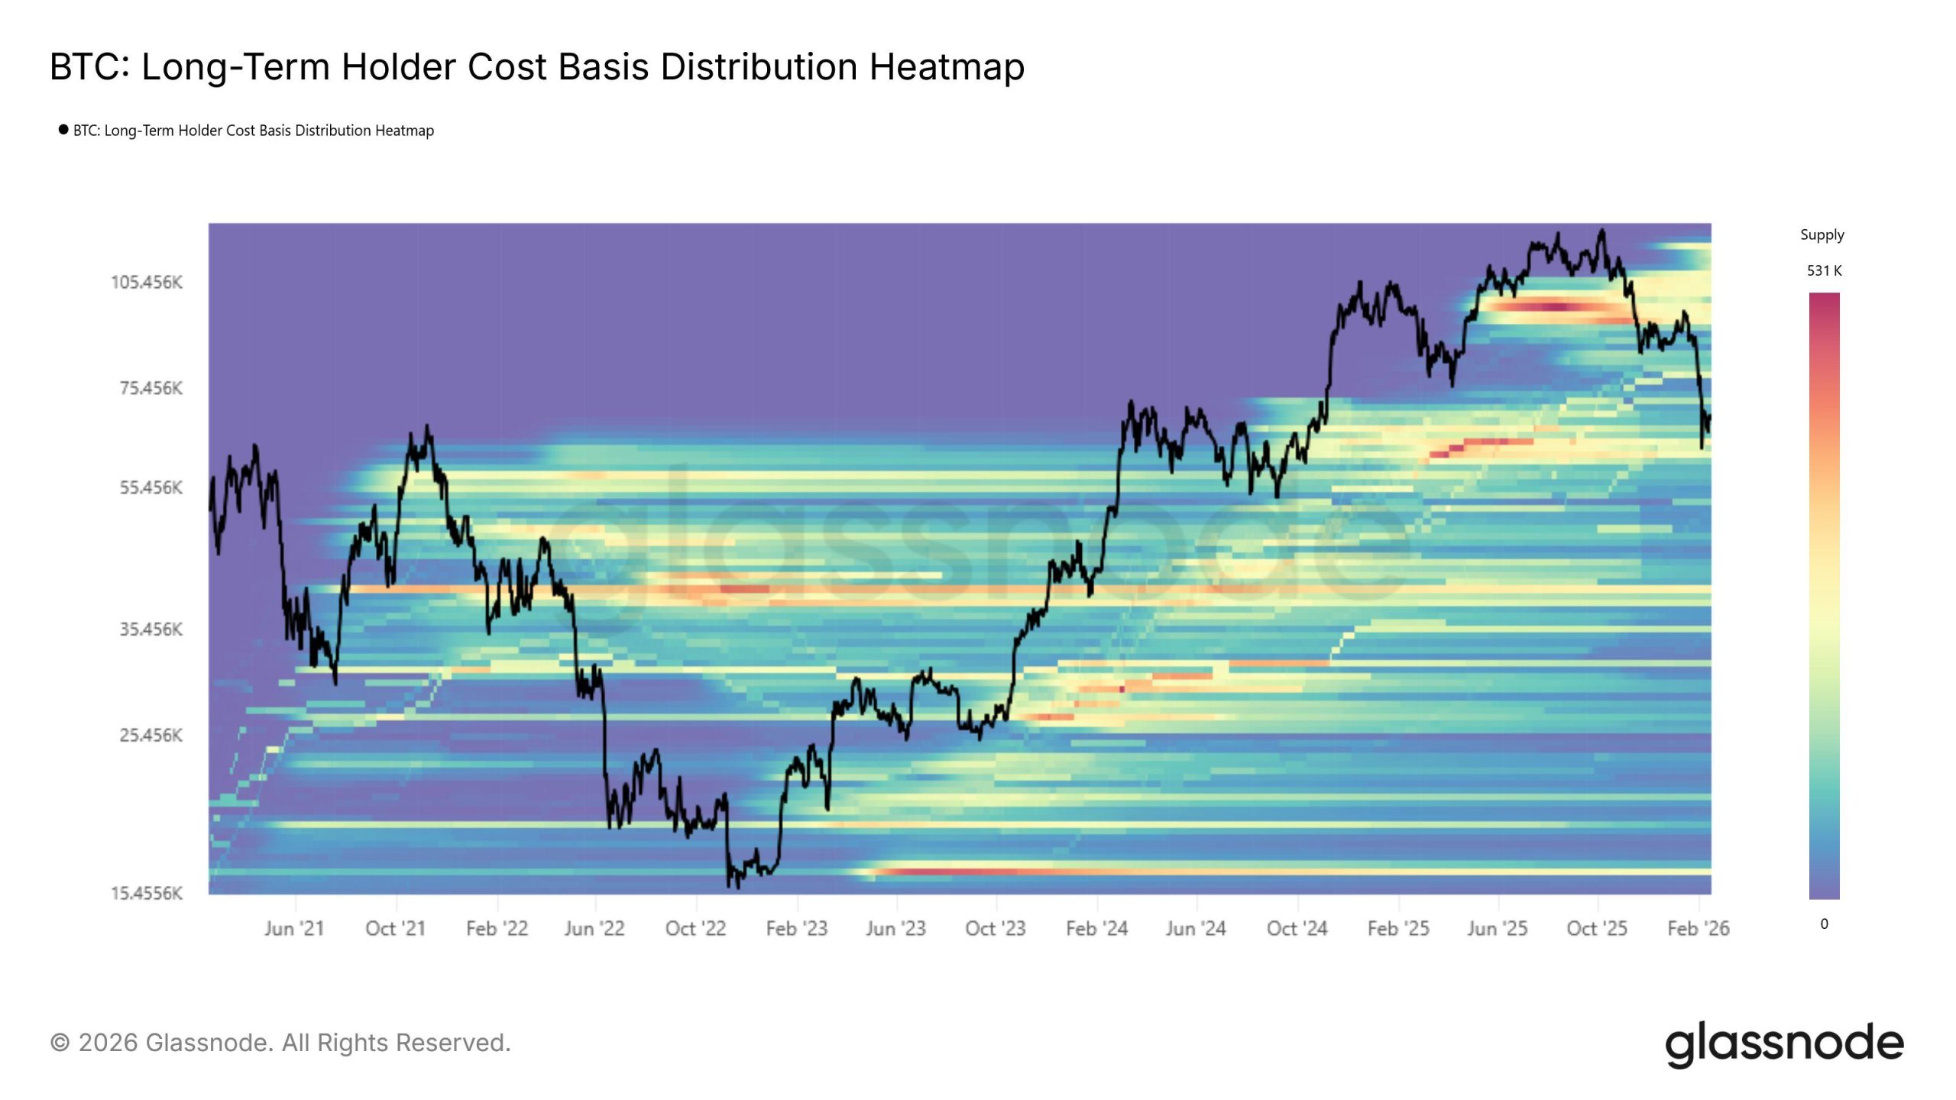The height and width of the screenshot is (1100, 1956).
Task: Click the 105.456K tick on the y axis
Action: point(147,283)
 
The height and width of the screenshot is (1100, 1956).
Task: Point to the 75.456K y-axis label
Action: point(151,388)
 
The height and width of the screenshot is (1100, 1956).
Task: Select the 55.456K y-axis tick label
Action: point(151,487)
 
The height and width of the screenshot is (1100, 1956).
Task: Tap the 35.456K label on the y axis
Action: point(151,629)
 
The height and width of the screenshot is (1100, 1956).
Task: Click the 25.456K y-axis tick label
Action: point(151,735)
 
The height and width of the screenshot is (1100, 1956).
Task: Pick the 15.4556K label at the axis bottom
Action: point(147,893)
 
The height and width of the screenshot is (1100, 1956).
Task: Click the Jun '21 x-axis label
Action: point(294,929)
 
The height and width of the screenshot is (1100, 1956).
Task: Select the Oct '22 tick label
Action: point(695,929)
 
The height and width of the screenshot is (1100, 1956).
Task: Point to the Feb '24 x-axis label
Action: point(1096,929)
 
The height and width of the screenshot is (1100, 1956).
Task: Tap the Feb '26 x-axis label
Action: point(1698,929)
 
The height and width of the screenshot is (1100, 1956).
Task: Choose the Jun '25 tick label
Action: point(1497,929)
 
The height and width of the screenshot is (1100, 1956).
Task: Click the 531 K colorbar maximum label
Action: point(1824,270)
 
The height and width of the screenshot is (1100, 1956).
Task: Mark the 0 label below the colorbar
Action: point(1824,924)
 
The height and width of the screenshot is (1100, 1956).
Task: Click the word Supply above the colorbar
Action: point(1822,235)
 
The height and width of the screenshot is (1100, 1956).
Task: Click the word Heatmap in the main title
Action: point(947,67)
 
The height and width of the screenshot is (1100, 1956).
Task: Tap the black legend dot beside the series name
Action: point(63,129)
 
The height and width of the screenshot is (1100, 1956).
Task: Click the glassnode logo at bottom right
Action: point(1784,1043)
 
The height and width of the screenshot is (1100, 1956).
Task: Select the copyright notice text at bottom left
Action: point(280,1043)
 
